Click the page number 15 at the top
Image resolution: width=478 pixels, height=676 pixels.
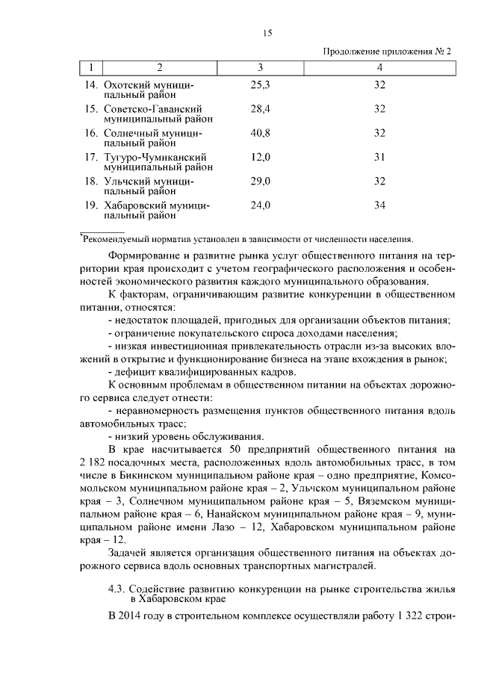(268, 32)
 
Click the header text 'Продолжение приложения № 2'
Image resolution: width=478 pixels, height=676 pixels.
(387, 52)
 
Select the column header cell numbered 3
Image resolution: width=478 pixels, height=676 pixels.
(259, 69)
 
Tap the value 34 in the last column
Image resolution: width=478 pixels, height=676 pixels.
(379, 205)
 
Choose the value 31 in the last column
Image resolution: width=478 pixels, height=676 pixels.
(379, 157)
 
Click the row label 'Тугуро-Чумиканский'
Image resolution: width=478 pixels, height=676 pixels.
(155, 158)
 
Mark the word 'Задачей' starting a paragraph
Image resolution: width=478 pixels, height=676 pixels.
(128, 553)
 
